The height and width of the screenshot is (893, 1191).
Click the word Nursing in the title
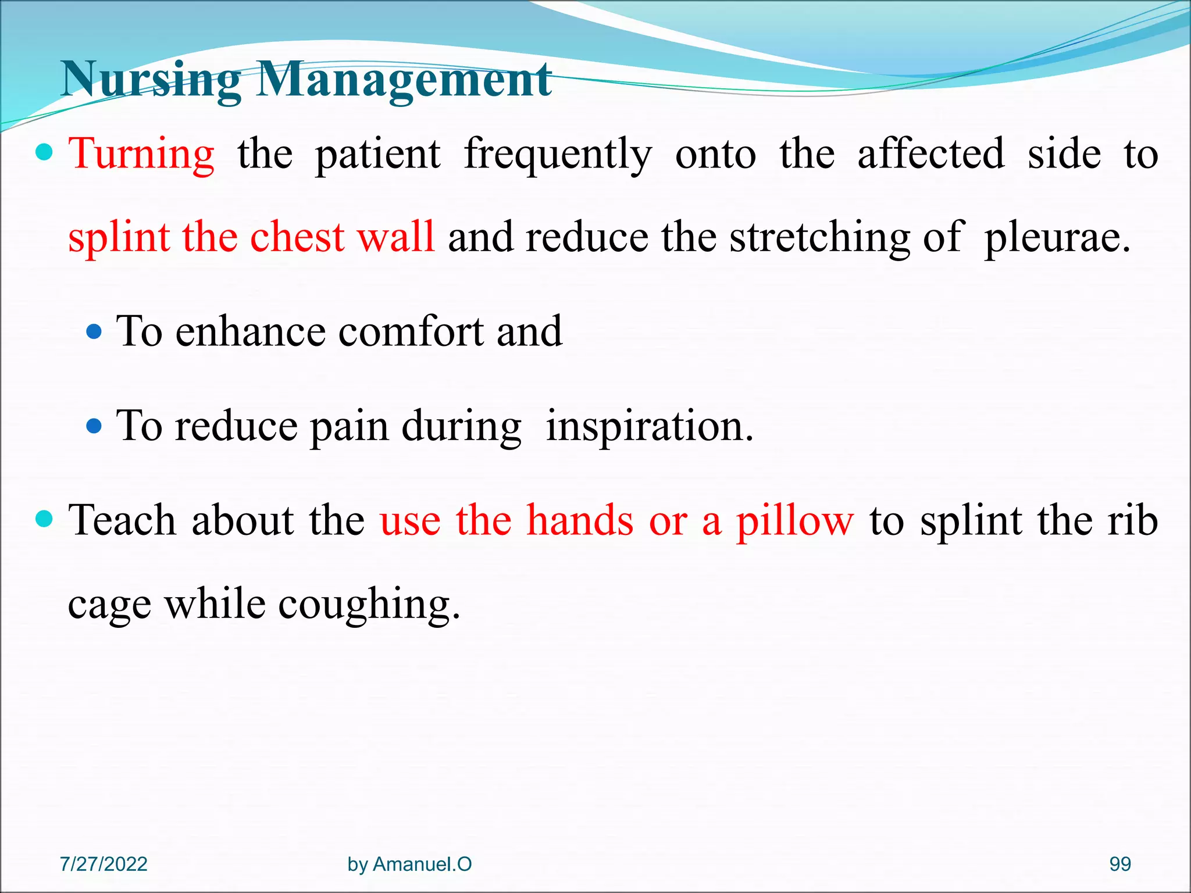[150, 80]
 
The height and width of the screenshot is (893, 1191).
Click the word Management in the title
[404, 80]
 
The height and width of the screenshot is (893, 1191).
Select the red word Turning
[141, 155]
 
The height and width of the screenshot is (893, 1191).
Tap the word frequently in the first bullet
[558, 155]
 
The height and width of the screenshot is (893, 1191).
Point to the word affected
[930, 155]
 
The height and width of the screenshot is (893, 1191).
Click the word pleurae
[1057, 238]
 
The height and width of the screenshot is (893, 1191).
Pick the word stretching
[819, 238]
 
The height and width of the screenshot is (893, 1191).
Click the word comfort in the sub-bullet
[411, 331]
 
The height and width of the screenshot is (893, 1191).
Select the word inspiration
[649, 427]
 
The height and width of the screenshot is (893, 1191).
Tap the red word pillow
[795, 521]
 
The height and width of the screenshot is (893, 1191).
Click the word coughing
[369, 605]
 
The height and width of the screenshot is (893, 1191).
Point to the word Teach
[122, 520]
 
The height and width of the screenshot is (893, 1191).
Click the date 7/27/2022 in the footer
[104, 864]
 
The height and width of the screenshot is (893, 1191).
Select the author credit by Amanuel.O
[409, 864]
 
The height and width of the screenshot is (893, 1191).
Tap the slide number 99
[1119, 864]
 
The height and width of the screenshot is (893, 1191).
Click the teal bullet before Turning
[44, 153]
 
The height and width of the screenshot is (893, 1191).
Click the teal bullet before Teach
[44, 518]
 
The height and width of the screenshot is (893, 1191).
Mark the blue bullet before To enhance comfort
[94, 332]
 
